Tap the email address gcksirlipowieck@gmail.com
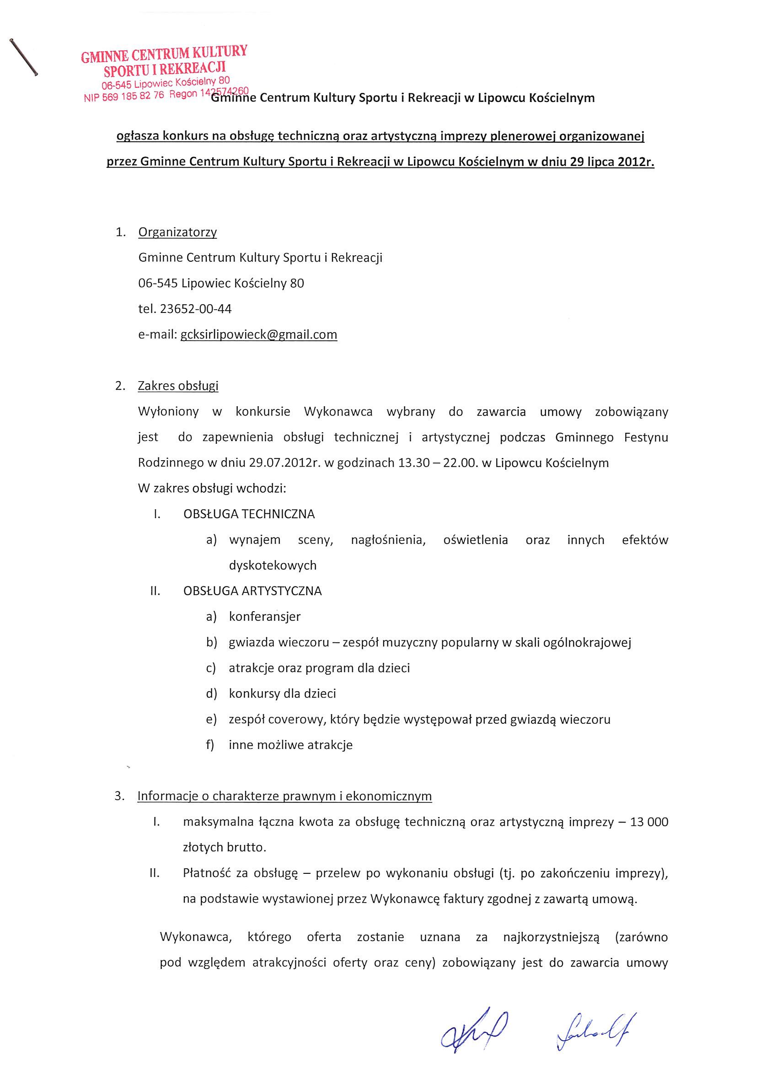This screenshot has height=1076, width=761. click(259, 334)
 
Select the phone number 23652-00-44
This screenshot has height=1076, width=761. click(196, 309)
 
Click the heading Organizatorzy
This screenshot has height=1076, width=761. click(177, 232)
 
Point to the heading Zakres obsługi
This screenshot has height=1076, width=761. click(178, 386)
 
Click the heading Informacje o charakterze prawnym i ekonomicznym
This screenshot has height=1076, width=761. click(284, 796)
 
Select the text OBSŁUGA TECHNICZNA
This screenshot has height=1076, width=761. click(249, 514)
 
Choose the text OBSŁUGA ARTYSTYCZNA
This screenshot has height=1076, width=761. click(252, 591)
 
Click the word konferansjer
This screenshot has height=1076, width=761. click(265, 616)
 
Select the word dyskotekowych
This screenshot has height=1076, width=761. click(273, 565)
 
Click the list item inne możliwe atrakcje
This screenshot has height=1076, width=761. click(290, 745)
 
